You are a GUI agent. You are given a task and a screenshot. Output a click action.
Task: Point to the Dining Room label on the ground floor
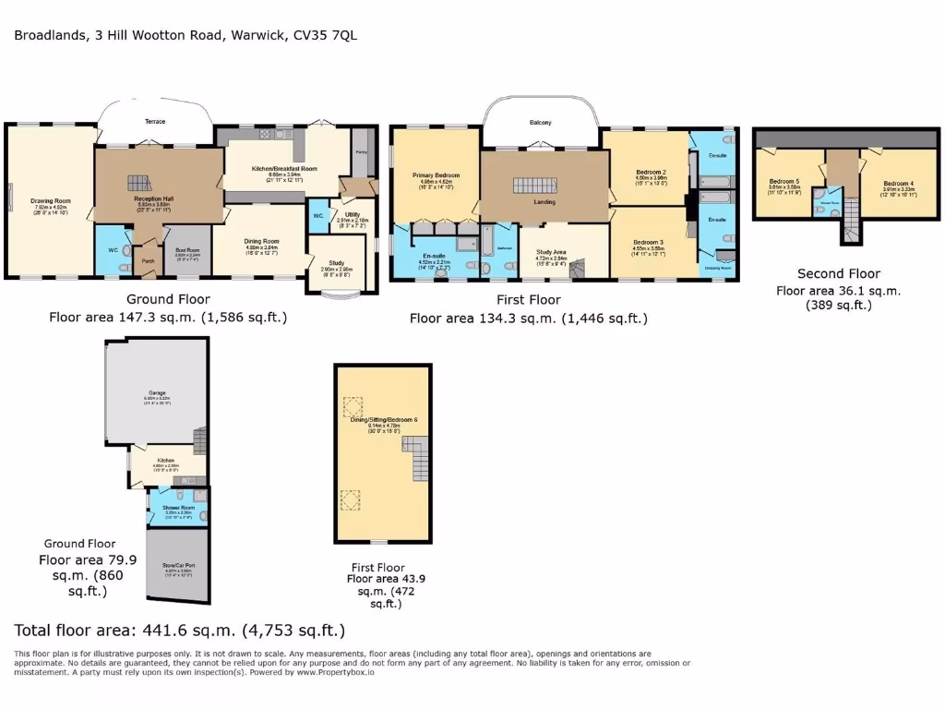pyautogui.click(x=262, y=241)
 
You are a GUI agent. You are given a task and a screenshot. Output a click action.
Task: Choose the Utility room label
pyautogui.click(x=353, y=214)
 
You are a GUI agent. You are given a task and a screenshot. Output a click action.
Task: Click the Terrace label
pyautogui.click(x=155, y=121)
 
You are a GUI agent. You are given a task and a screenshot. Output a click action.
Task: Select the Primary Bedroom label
pyautogui.click(x=437, y=175)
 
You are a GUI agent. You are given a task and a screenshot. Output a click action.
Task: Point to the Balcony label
pyautogui.click(x=541, y=123)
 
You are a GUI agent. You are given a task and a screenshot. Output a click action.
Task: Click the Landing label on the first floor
pyautogui.click(x=544, y=201)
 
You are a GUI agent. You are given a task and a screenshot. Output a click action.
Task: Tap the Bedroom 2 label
pyautogui.click(x=651, y=173)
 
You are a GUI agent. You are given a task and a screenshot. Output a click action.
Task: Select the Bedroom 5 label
pyautogui.click(x=784, y=181)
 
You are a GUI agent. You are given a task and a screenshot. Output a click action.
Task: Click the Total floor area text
pyautogui.click(x=180, y=631)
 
